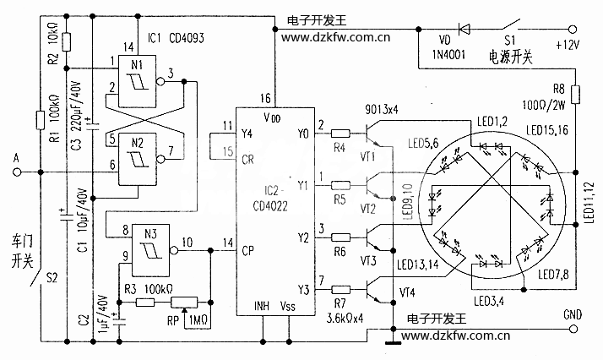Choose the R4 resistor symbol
pyautogui.click(x=340, y=133)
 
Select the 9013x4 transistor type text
pyautogui.click(x=381, y=111)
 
